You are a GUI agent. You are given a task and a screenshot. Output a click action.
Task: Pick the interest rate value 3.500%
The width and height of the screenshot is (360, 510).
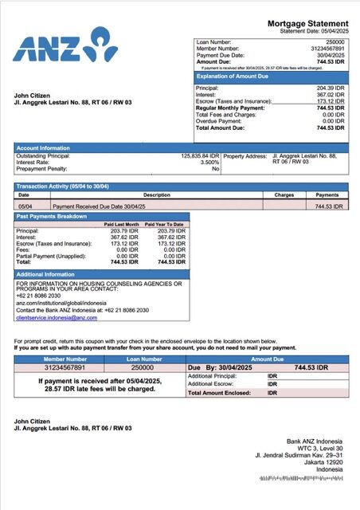point(207,163)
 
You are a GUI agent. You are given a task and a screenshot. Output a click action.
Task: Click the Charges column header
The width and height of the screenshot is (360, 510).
point(284,194)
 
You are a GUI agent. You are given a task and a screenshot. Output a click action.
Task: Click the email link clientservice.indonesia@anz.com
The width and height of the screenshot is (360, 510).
point(57,318)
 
